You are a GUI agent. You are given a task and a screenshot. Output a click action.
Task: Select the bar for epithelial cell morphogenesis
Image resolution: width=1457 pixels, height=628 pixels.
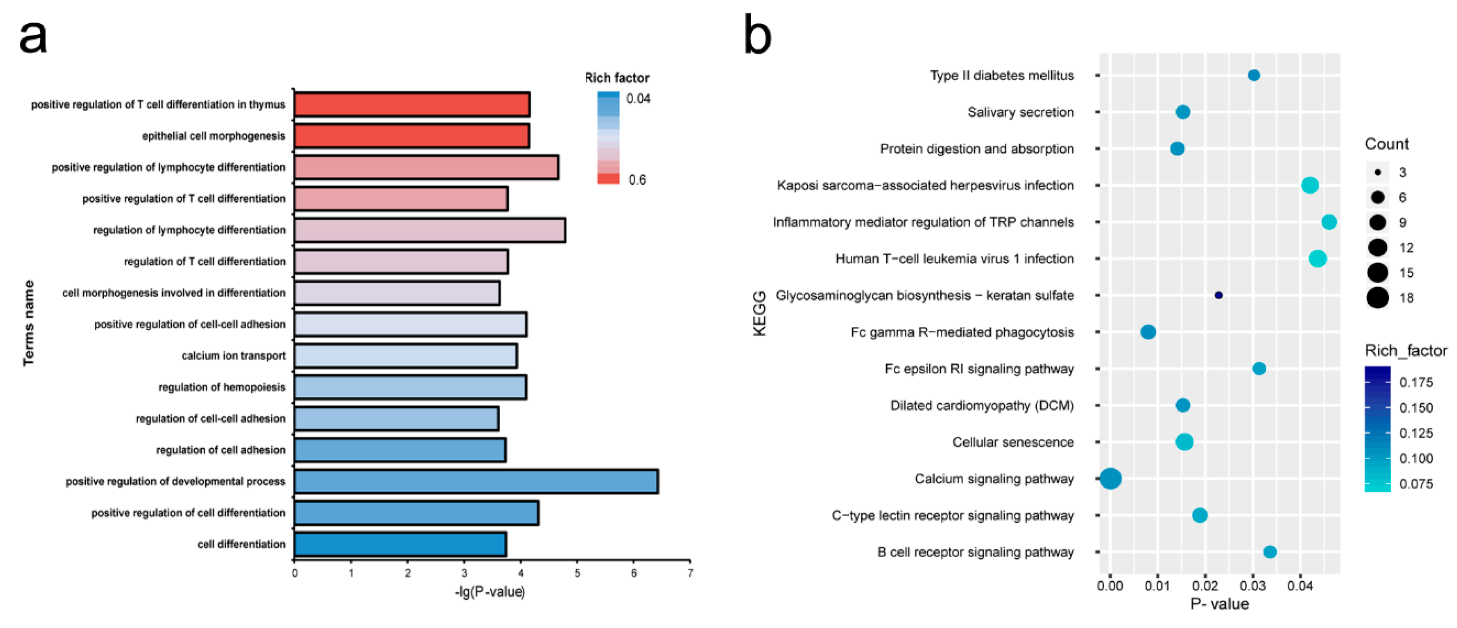[412, 136]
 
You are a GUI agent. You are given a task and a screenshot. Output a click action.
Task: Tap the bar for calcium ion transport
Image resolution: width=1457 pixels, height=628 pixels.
[405, 356]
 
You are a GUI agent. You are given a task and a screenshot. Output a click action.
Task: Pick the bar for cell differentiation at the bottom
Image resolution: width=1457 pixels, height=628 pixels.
[400, 544]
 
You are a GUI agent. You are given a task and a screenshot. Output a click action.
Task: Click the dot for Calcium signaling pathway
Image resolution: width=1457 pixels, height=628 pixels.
[1110, 479]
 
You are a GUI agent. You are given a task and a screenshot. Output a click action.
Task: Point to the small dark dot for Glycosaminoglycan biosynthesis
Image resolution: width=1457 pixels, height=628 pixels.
[1218, 295]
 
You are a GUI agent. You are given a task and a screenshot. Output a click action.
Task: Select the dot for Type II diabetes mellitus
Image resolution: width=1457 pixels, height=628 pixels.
[1253, 75]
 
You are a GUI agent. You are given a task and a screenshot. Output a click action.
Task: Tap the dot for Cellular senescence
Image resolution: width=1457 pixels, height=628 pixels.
[1184, 442]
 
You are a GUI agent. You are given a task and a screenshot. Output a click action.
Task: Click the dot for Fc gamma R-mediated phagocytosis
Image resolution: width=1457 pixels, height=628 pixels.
[1148, 332]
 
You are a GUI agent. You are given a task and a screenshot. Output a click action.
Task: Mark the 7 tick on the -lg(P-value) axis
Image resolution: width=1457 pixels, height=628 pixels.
[690, 573]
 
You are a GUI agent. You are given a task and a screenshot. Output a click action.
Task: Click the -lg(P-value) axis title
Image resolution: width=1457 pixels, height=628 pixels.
[490, 592]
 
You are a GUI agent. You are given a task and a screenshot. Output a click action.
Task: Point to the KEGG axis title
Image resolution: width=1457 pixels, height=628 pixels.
[760, 313]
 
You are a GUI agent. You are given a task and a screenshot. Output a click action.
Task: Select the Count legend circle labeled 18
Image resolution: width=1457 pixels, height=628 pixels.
[1378, 298]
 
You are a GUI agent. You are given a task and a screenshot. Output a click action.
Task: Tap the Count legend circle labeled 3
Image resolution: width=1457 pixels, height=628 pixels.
[1378, 172]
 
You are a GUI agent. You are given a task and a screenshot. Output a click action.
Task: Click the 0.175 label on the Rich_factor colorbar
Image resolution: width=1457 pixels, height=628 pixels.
[1416, 382]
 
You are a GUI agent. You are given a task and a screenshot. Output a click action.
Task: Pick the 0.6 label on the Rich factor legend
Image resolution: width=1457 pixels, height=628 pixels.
[637, 180]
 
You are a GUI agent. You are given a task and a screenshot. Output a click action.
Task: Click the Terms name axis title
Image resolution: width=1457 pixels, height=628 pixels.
[28, 323]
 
